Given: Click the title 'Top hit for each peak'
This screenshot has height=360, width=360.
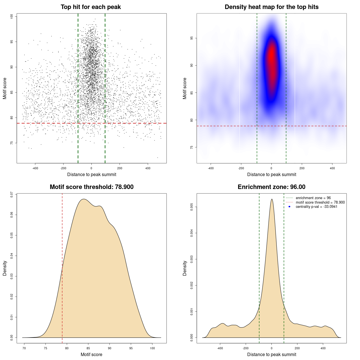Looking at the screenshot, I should (x=91, y=7).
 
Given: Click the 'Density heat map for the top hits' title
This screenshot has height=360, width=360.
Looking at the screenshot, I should (x=271, y=7).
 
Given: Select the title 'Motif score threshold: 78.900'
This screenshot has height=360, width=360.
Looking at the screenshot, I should (x=91, y=187).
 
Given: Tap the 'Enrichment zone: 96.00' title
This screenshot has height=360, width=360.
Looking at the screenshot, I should (x=271, y=187).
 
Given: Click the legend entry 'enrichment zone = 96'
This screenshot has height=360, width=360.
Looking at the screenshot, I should (x=313, y=198).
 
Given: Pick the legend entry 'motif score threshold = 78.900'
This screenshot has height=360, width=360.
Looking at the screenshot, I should (x=320, y=202).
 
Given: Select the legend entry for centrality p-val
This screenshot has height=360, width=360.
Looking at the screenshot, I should (x=316, y=207).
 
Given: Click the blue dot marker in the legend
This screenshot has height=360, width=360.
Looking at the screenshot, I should (x=289, y=207).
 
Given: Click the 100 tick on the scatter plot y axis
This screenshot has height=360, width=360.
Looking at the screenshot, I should (x=12, y=17).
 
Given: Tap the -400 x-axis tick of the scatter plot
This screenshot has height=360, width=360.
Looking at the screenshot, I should (x=35, y=168).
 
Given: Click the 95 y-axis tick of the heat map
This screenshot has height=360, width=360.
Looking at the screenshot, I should (x=192, y=38).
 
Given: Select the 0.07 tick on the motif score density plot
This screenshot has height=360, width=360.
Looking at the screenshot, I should (x=12, y=194).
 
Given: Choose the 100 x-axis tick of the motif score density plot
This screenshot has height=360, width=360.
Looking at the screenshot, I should (x=152, y=348).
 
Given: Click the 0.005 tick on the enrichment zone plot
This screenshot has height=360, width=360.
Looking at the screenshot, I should (x=192, y=207).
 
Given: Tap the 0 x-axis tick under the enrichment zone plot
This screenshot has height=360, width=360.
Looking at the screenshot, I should (x=271, y=348).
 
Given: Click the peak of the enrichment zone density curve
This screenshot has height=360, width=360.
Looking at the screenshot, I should (x=272, y=199).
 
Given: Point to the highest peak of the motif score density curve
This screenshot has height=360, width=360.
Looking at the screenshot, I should (x=84, y=199).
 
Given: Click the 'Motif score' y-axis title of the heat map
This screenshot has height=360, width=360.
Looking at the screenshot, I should (x=185, y=88).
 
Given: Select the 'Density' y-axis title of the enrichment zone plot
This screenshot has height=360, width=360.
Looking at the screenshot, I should (x=185, y=268).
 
